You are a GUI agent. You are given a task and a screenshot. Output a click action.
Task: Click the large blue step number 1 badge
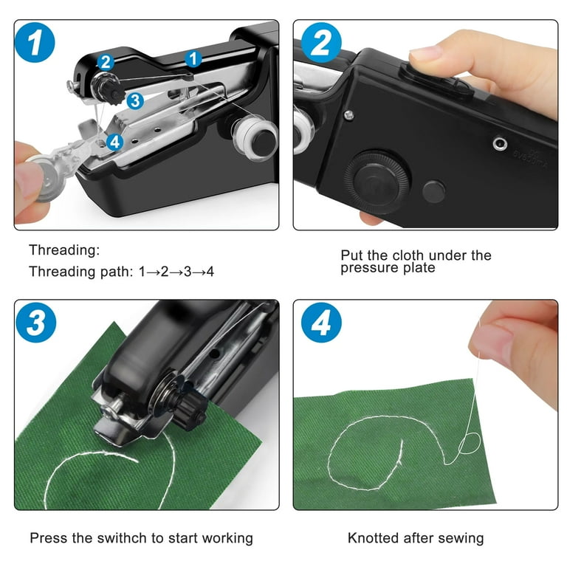(35, 42)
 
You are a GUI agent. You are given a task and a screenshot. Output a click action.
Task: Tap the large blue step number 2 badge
(321, 42)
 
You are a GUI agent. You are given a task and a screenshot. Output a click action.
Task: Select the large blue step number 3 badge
(35, 322)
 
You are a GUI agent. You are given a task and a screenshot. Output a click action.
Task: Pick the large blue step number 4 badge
(321, 322)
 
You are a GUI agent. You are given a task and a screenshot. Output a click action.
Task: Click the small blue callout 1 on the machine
(193, 58)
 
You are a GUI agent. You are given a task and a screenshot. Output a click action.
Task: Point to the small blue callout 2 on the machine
(106, 62)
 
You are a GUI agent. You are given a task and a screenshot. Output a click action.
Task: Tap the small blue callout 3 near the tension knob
(135, 101)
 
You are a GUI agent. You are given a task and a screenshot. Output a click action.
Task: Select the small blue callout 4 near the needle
(115, 142)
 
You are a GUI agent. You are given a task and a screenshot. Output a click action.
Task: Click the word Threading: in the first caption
(64, 250)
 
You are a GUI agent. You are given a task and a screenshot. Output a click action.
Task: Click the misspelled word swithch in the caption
(122, 537)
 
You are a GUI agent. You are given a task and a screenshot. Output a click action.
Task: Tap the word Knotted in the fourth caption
(373, 537)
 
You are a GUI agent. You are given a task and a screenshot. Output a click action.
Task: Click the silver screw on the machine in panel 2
(348, 115)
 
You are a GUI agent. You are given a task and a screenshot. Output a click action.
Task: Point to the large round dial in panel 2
(377, 182)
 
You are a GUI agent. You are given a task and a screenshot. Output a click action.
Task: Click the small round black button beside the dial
(433, 192)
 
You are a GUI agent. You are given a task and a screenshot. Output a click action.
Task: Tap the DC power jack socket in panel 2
(500, 143)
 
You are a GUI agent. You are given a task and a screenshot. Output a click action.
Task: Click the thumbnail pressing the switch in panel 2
(425, 53)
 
